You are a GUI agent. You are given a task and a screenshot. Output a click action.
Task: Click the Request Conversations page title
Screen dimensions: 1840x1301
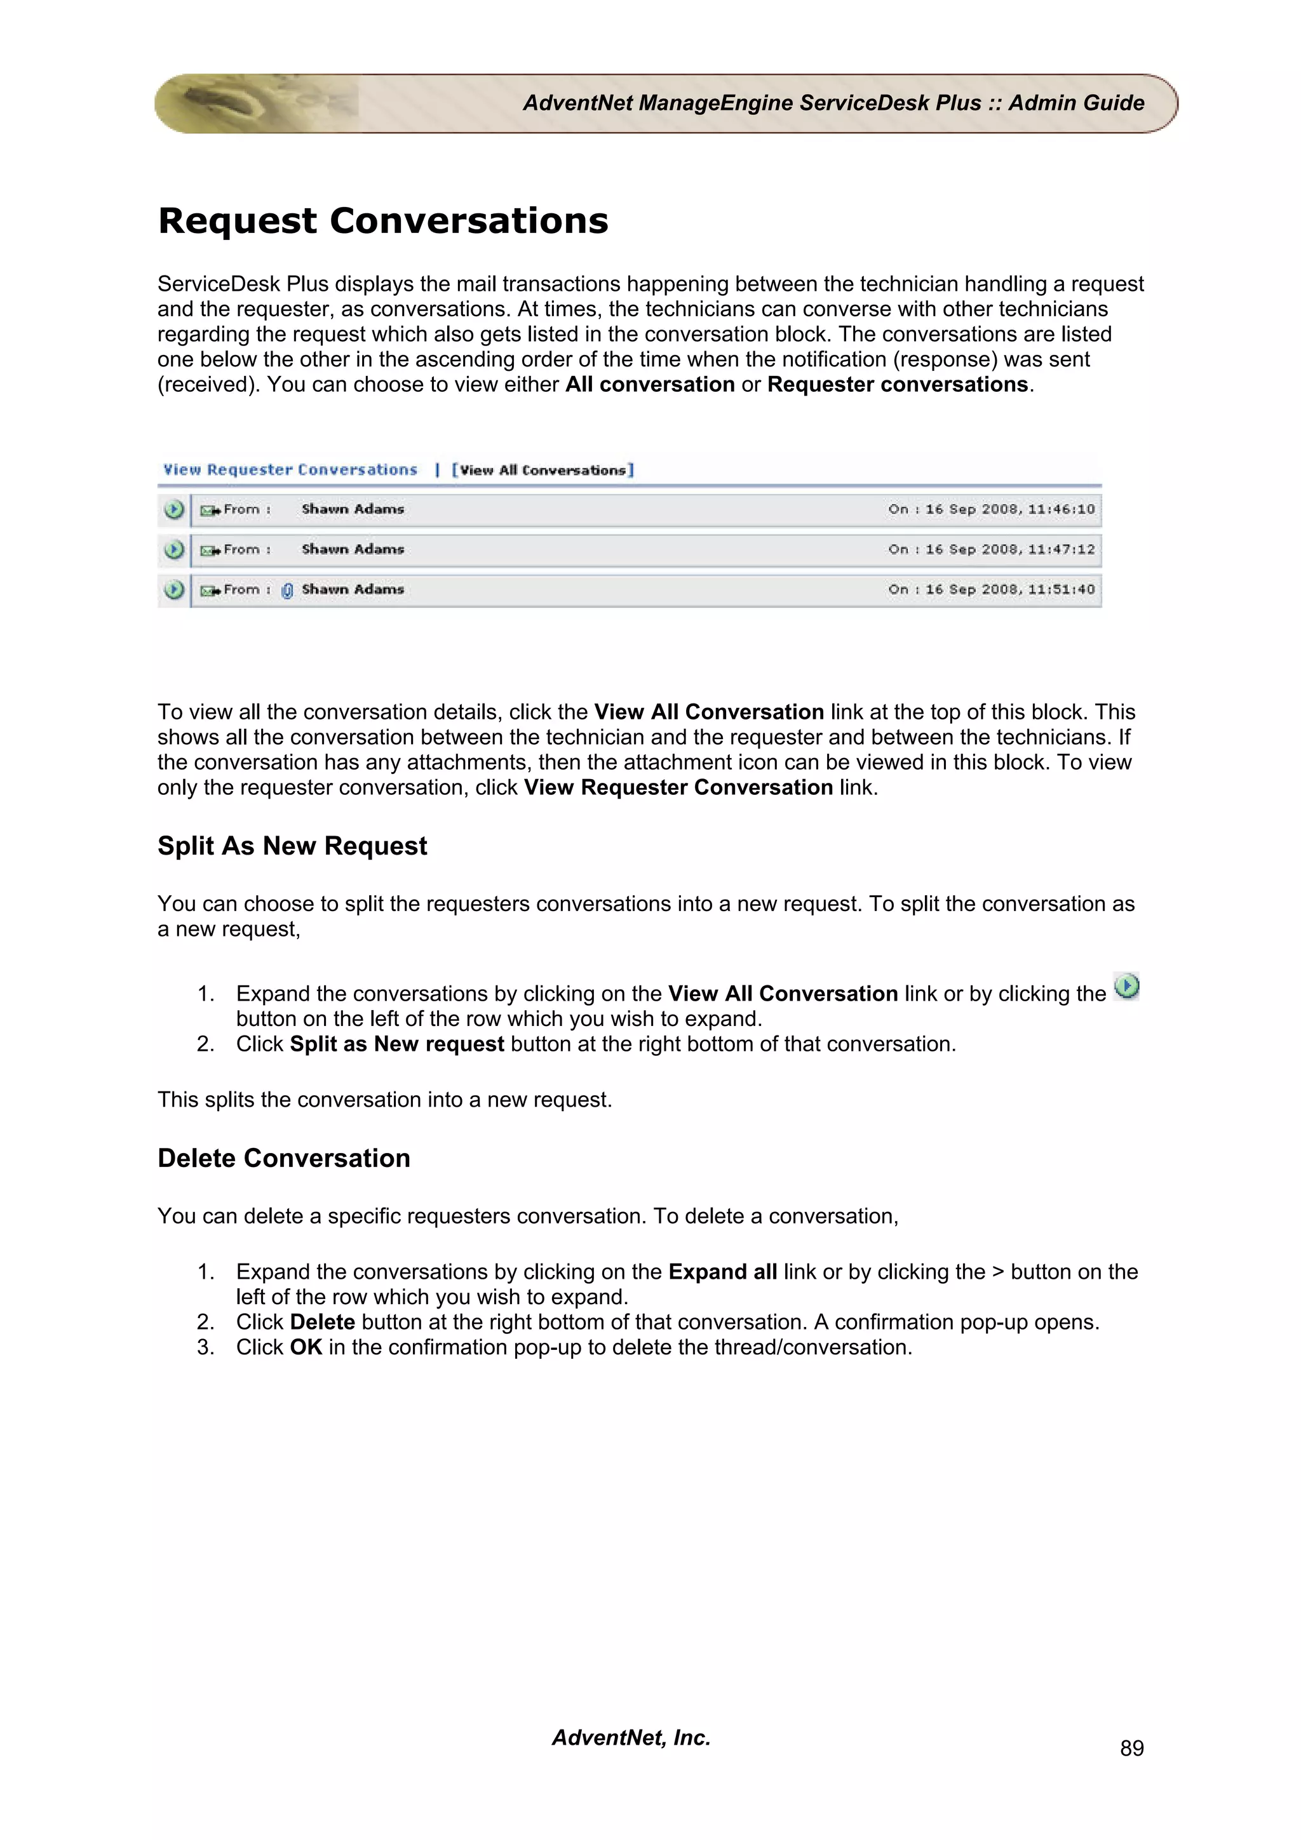382,221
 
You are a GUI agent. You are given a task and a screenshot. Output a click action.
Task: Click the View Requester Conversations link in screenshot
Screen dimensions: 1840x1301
290,470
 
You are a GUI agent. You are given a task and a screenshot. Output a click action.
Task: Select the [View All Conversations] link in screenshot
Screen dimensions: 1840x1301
543,470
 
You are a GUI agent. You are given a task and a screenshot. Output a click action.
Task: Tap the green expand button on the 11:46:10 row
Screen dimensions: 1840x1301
174,510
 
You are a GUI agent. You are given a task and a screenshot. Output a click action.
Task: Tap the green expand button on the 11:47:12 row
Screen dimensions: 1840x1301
174,550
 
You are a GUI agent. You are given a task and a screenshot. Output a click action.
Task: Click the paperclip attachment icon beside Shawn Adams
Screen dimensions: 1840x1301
287,590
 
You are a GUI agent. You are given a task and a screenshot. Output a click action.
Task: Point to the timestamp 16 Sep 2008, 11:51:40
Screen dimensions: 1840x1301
1009,590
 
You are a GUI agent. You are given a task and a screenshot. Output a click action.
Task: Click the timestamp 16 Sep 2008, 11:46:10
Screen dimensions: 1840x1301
1009,510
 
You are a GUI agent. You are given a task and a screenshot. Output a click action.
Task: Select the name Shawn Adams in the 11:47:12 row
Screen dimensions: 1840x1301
353,550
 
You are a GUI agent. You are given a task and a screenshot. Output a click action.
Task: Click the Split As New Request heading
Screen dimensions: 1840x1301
292,846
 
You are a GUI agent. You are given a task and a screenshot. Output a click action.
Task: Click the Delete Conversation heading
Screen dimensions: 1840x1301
284,1159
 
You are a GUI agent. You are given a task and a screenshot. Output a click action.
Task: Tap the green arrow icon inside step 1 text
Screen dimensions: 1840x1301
1127,985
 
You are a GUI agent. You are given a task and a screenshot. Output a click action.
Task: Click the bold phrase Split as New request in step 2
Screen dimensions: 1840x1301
397,1044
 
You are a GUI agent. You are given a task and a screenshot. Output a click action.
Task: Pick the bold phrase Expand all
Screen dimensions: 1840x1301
722,1272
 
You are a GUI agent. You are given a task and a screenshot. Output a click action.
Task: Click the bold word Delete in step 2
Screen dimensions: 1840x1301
322,1323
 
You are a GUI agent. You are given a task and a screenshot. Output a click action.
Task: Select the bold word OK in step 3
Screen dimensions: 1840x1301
306,1347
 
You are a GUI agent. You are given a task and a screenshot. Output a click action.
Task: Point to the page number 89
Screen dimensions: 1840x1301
1131,1749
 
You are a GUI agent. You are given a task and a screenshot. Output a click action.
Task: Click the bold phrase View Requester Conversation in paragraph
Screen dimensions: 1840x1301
678,788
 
